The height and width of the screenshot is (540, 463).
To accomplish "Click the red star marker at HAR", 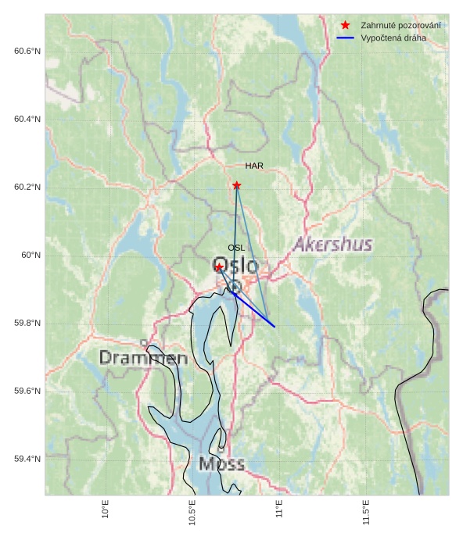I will pyautogui.click(x=236, y=185).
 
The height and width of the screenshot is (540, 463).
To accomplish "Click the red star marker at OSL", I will pyautogui.click(x=219, y=267).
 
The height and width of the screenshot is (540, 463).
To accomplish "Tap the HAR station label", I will pyautogui.click(x=253, y=166).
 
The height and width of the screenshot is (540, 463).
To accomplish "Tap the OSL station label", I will pyautogui.click(x=236, y=248).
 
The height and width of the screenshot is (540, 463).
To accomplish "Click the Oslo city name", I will pyautogui.click(x=235, y=266).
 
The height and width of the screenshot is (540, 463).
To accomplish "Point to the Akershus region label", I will pyautogui.click(x=332, y=245).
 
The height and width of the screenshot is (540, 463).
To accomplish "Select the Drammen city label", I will pyautogui.click(x=144, y=359).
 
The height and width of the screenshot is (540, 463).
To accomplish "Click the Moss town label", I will pyautogui.click(x=221, y=464).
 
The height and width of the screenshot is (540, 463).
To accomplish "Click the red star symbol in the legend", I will pyautogui.click(x=345, y=26).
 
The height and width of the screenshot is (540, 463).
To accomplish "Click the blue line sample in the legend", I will pyautogui.click(x=345, y=38).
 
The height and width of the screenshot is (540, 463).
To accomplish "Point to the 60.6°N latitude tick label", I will pyautogui.click(x=27, y=52).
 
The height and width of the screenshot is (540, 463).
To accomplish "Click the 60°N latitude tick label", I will pyautogui.click(x=31, y=256).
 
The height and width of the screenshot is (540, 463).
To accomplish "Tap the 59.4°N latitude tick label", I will pyautogui.click(x=27, y=460).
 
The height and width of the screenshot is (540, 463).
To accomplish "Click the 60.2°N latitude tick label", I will pyautogui.click(x=27, y=188).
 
